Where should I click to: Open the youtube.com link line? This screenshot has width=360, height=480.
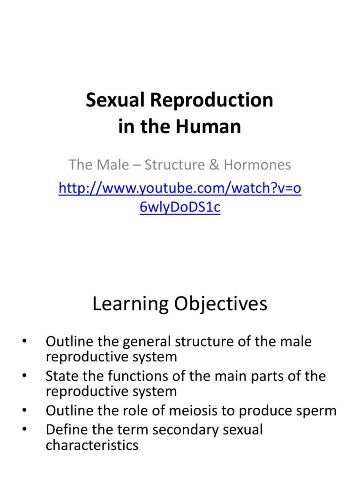[180, 188]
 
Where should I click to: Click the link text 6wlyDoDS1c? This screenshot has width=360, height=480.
[180, 207]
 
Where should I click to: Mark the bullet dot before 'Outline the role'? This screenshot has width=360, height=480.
[24, 411]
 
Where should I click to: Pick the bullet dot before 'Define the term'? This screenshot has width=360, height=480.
[24, 429]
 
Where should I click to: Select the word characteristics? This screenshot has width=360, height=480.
[92, 445]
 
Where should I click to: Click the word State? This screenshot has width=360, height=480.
[60, 376]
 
